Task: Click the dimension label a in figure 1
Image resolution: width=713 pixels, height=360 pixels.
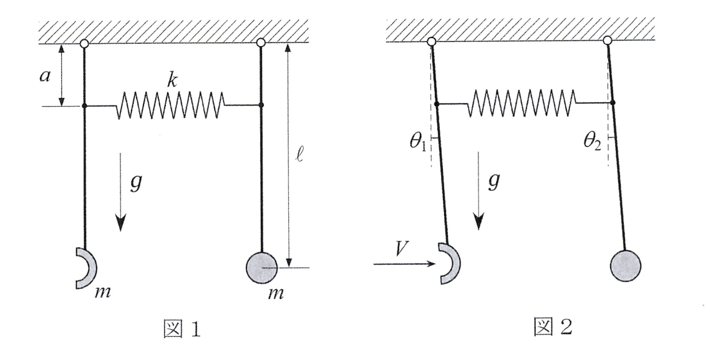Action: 44,76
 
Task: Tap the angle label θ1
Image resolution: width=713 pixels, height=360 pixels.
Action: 418,142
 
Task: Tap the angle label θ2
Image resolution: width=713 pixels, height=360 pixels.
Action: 593,142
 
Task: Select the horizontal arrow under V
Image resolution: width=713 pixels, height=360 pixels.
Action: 404,264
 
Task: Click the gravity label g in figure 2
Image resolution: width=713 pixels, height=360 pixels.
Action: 493,180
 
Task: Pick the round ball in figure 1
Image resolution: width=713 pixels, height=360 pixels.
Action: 261,268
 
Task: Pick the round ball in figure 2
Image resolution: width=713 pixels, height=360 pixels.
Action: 626,265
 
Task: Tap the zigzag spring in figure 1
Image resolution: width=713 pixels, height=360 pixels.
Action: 171,105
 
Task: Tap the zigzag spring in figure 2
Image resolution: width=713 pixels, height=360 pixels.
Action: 523,103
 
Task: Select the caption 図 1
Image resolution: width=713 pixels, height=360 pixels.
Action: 182,329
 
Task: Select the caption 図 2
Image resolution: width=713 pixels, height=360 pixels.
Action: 553,326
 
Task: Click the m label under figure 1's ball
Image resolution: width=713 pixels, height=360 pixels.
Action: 276,294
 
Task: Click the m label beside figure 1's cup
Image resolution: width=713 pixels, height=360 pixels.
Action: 102,293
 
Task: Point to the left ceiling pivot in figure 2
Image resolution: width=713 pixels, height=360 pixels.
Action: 432,42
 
